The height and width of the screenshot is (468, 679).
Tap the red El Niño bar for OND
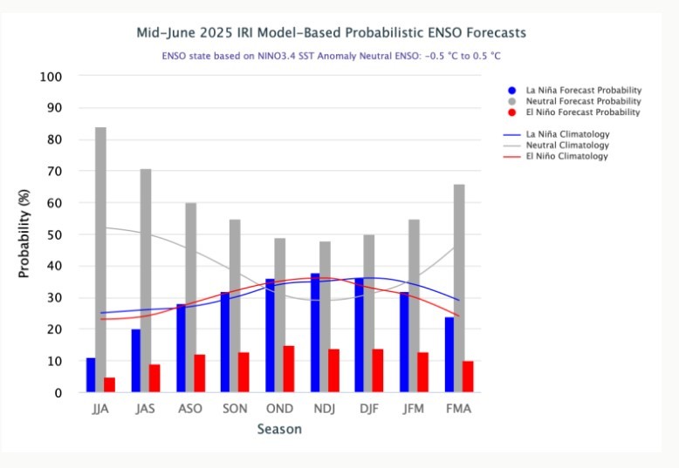point(289,369)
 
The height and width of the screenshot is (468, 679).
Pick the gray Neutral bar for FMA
point(459,288)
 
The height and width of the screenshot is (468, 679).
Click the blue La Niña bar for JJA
point(91,375)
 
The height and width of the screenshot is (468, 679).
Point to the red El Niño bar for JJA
point(109,384)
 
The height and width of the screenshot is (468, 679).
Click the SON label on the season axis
point(235,409)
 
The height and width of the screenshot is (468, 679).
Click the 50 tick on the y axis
point(54,234)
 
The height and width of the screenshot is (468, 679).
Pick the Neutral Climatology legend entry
point(567,146)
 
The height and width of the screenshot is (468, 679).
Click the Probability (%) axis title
point(24,234)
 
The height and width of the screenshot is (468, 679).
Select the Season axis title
point(279,429)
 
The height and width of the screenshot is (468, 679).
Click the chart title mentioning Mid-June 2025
point(332,33)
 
